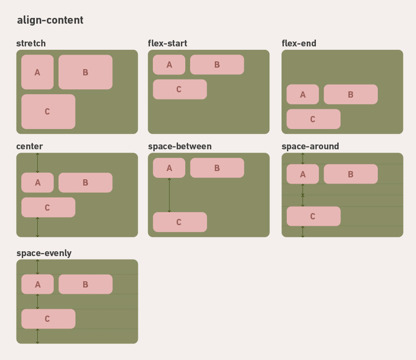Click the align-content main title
[x=50, y=20]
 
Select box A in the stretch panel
[x=37, y=72]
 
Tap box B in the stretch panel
[x=85, y=72]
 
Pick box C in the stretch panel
[x=48, y=111]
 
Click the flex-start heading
[x=167, y=43]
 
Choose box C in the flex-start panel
[x=179, y=89]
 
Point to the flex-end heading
[x=299, y=43]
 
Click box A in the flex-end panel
[x=302, y=94]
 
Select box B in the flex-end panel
[x=350, y=94]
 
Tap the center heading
[x=30, y=146]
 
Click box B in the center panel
[x=85, y=183]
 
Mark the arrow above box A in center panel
[x=38, y=163]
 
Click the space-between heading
[x=179, y=146]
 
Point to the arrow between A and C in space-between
[x=169, y=195]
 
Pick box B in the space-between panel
[x=217, y=168]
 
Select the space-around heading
[x=310, y=146]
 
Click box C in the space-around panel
[x=313, y=216]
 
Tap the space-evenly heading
[x=44, y=253]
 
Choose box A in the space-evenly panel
[x=37, y=284]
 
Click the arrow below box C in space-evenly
[x=38, y=336]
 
